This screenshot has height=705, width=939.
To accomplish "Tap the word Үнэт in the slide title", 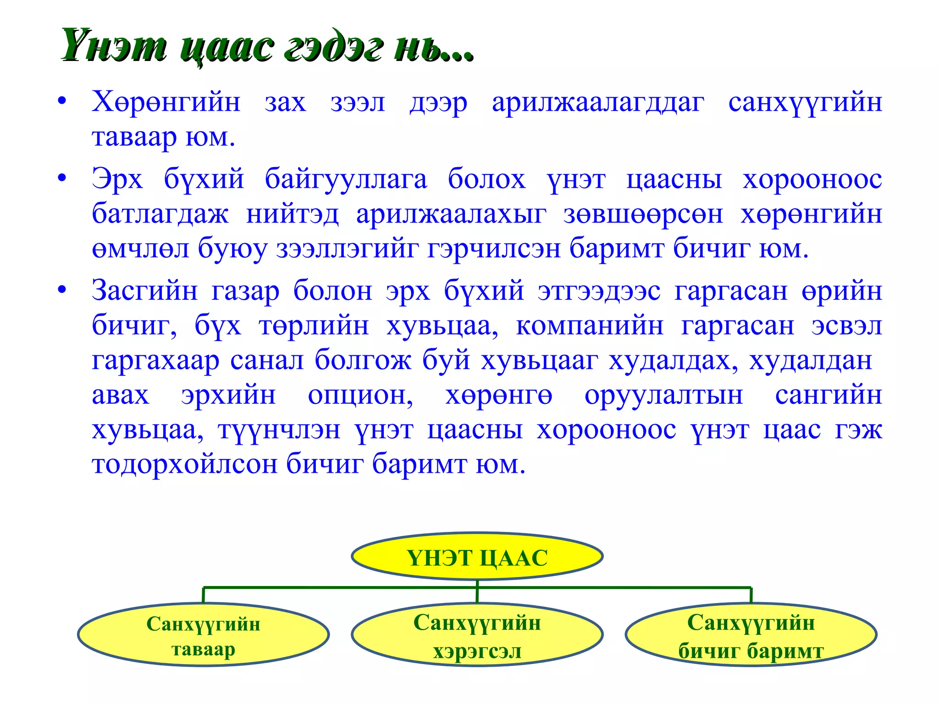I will point(114,46).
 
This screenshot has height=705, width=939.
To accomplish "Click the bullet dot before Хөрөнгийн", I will point(62,101).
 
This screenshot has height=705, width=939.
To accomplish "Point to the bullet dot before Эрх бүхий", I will point(62,178).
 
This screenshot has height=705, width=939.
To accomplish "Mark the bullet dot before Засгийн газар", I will point(62,290).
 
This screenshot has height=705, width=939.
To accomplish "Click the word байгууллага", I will point(346,179).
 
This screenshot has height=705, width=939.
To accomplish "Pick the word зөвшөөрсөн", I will point(643,214).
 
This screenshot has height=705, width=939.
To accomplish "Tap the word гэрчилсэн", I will point(494,249).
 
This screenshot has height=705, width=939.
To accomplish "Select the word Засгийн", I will point(145,291).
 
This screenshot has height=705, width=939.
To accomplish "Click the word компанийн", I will point(590,326).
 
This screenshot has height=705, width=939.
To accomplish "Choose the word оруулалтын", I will point(663,395).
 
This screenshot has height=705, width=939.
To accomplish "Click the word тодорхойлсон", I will point(184,464).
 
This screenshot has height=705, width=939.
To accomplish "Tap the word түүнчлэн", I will point(279,430).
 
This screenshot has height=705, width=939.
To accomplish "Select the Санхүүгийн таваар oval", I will point(203,635).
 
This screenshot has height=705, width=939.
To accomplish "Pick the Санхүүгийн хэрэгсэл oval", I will point(477,635).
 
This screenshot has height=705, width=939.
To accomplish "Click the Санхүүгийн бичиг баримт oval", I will point(751,635).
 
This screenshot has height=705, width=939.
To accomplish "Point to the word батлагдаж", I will point(160,214).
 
